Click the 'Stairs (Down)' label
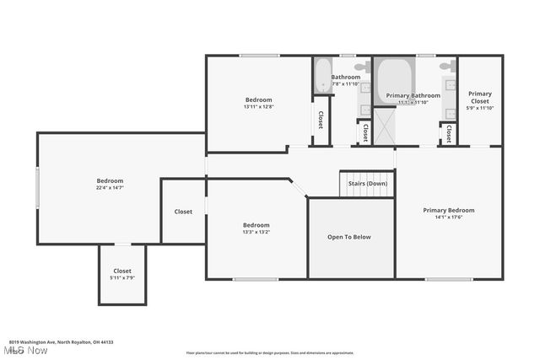coord(366,183)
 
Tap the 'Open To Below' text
coord(348,237)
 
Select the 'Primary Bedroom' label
coord(448,210)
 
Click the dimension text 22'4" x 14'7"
coord(110,188)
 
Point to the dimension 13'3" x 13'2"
coord(256,232)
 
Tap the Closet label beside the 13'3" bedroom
coord(183,212)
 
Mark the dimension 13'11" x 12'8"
coord(257,106)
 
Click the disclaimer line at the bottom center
coord(270,352)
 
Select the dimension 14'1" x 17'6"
coord(448,218)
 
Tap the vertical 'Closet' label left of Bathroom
coord(321,121)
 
